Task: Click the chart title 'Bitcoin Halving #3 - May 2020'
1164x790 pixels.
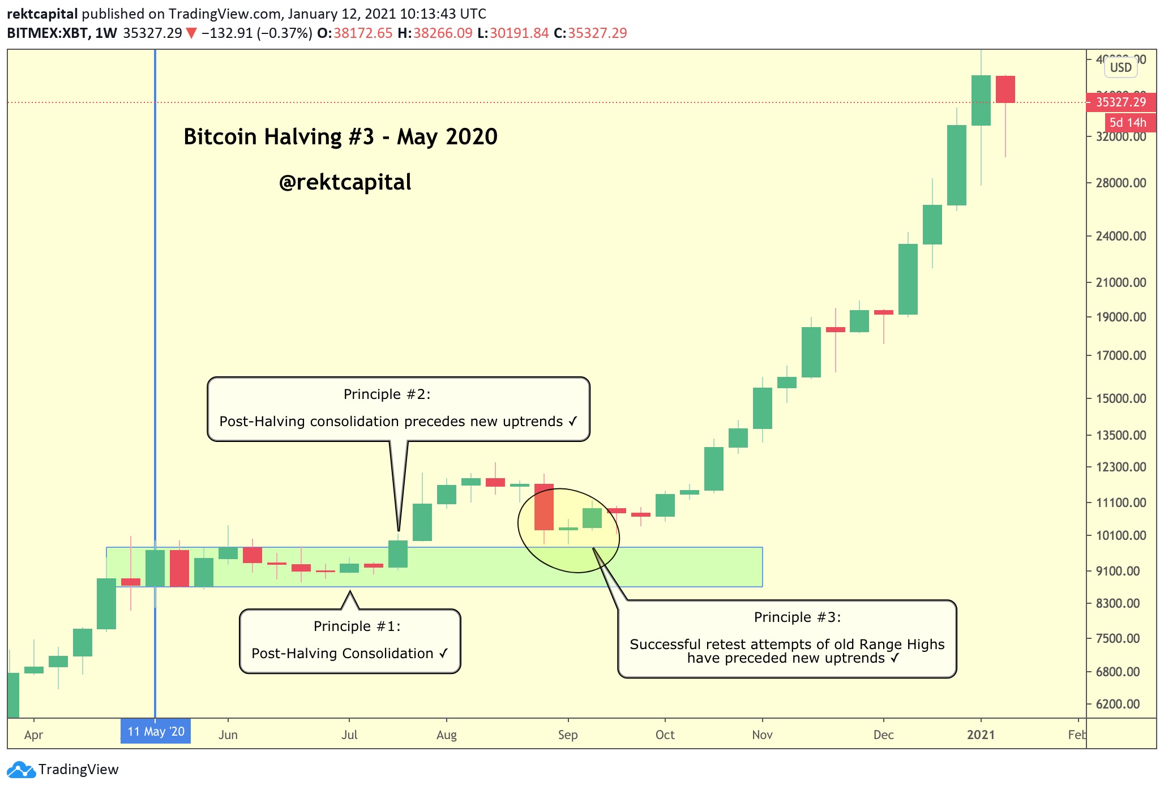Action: pos(340,137)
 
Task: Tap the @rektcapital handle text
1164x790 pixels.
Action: pos(345,182)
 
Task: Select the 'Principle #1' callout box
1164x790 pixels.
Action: pos(350,641)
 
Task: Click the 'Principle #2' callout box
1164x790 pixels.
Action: pos(399,409)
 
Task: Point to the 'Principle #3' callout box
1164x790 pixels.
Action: pos(787,638)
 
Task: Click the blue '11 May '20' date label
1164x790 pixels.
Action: pos(156,731)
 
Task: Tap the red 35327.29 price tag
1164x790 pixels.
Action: pos(1120,102)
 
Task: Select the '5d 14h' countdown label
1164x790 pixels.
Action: pos(1127,122)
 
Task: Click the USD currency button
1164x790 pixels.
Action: pos(1120,67)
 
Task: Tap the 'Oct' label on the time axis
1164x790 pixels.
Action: pos(665,735)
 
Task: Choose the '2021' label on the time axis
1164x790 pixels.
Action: pos(981,735)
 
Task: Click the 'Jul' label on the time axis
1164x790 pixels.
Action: pos(349,735)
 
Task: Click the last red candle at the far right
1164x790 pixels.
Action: pos(1005,89)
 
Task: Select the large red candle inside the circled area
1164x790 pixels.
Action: pos(544,507)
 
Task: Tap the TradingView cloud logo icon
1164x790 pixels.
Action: pos(21,770)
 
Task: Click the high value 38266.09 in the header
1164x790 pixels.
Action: pos(443,33)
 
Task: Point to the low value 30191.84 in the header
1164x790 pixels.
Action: pos(519,33)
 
